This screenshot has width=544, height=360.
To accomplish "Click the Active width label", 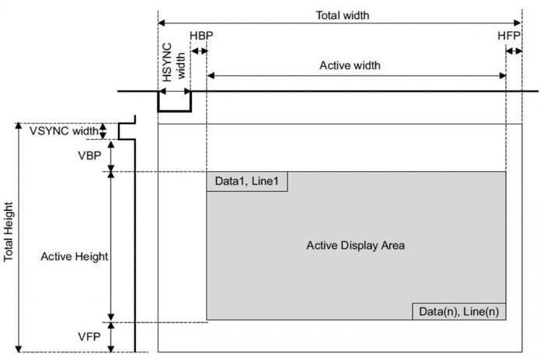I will (350, 65).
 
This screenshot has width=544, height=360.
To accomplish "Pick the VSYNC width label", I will (65, 130).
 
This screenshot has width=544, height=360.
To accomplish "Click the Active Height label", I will (74, 255).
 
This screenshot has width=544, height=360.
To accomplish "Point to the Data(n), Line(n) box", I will (459, 311).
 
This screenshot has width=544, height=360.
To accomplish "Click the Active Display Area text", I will (356, 246).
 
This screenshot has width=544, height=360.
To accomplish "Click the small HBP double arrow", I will (199, 51).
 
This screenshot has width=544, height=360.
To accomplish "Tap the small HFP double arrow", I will (514, 51).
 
